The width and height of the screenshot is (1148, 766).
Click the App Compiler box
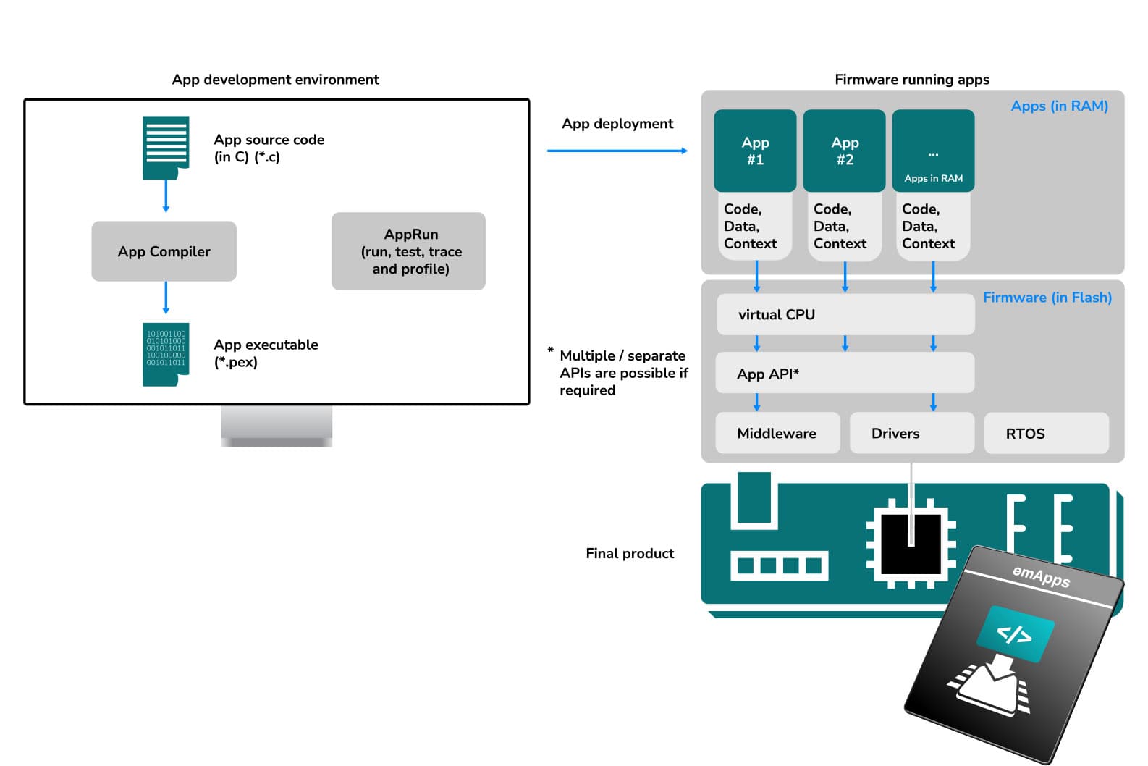point(164,251)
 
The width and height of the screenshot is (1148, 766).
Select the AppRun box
point(408,251)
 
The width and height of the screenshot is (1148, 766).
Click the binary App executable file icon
point(166,354)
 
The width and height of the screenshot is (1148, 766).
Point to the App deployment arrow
point(617,151)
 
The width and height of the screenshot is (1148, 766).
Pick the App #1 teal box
point(755,151)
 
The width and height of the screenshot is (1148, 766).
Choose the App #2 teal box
point(844,151)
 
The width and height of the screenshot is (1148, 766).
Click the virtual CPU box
point(845,314)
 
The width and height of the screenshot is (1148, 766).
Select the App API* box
point(845,374)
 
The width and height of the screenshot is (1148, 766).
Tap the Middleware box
point(777,433)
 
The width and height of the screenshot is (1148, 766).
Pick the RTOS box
point(1046,433)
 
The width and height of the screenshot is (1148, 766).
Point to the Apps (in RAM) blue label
point(1059,106)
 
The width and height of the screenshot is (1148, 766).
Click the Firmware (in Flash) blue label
point(1047,298)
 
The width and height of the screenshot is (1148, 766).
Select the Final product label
point(630,553)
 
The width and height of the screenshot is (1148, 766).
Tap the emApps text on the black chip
point(1041,576)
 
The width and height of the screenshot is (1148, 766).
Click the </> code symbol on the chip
point(1014,634)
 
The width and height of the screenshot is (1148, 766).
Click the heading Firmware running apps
point(911,80)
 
